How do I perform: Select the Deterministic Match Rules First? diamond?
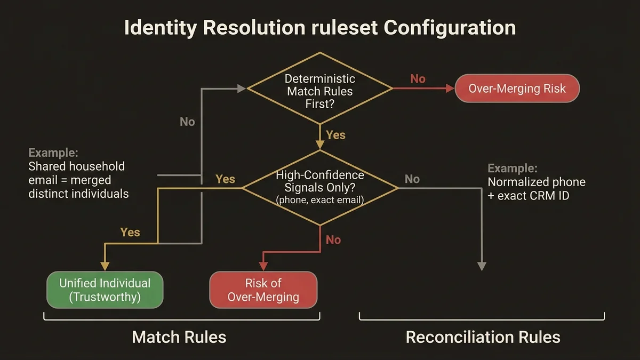pos(320,91)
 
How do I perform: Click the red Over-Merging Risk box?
pos(517,89)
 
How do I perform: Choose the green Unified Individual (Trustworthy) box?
pos(105,290)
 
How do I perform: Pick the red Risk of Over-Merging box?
pos(263,290)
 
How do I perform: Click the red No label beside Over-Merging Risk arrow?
pos(418,79)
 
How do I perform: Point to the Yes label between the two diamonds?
pos(335,135)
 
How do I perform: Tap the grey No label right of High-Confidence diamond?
pos(412,179)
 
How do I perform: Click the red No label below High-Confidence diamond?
pos(333,240)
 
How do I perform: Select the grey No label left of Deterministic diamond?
pos(187,122)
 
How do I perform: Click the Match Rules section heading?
pos(179,337)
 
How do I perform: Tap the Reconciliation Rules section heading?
pos(483,337)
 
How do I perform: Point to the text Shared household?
pos(76,166)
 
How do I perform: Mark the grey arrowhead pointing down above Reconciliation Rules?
pos(482,266)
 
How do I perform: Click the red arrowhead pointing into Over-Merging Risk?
pos(450,89)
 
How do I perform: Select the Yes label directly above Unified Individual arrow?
pos(130,232)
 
